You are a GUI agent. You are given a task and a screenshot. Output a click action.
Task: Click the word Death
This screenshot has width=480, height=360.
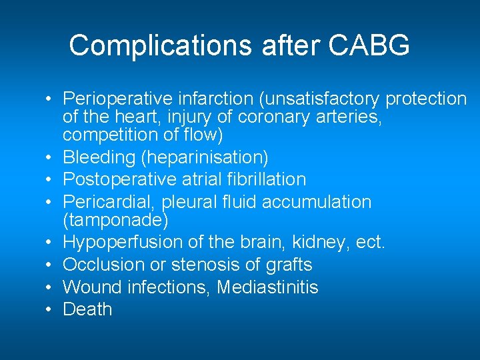87,309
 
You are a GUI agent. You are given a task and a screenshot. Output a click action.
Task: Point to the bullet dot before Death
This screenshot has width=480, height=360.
50,310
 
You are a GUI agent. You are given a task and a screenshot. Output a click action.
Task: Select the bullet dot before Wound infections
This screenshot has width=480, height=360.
50,288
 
